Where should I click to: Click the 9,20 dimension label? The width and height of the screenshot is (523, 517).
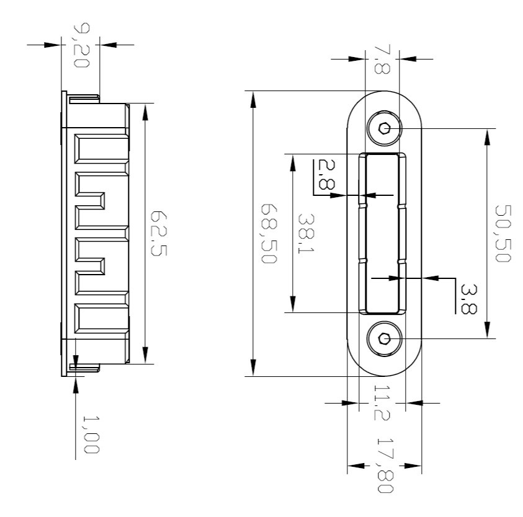coord(81,45)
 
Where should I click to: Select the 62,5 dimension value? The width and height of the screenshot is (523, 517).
coord(158,233)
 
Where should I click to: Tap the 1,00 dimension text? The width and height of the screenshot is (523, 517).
coord(91,435)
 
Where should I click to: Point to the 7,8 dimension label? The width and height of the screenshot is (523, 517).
coord(382,59)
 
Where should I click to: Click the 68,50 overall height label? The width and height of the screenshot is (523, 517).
coord(269,234)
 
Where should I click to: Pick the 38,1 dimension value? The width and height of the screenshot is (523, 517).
coord(306,233)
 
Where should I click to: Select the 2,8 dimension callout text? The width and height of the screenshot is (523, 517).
coord(327,174)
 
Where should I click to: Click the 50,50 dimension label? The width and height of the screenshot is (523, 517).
coord(503,234)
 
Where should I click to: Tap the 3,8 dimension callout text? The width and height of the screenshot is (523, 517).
coord(468,299)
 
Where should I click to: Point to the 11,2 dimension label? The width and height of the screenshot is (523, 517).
coord(382,403)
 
